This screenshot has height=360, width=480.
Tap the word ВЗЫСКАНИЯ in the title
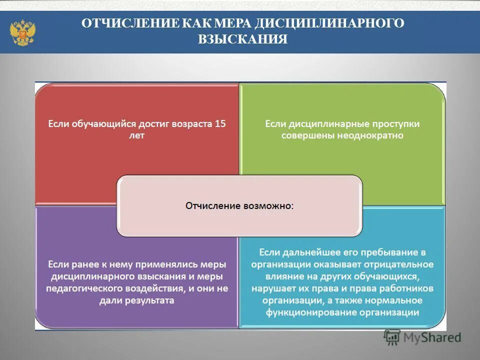pyautogui.click(x=242, y=39)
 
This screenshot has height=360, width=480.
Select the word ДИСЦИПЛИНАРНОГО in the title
pyautogui.click(x=329, y=24)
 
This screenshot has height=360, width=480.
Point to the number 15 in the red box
pyautogui.click(x=220, y=123)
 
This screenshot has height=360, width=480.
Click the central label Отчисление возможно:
pyautogui.click(x=239, y=205)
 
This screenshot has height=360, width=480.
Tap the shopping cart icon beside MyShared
pyautogui.click(x=392, y=337)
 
